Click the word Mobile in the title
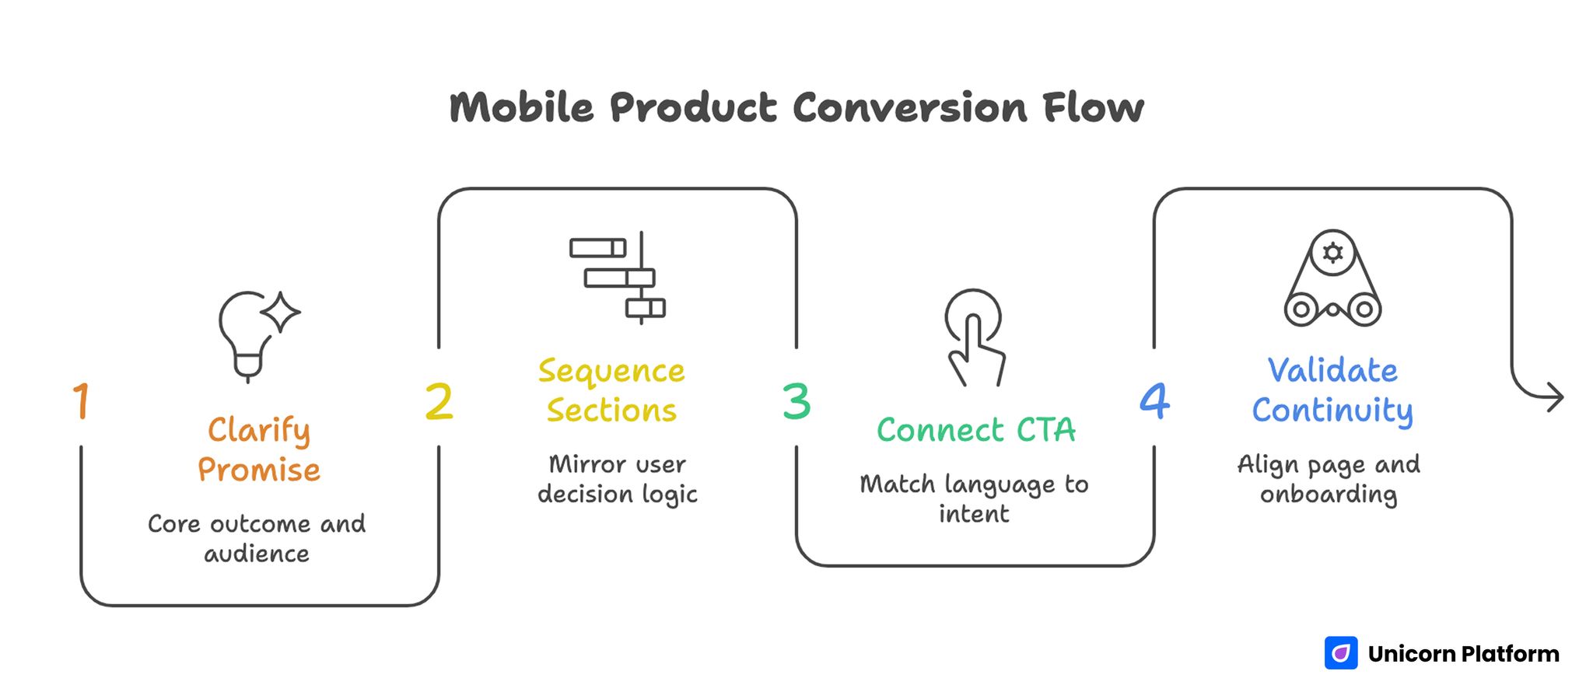521,107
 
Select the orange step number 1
81,401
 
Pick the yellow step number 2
439,402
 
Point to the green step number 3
796,402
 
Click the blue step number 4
1154,401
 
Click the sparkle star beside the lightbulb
281,313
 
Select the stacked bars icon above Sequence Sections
618,278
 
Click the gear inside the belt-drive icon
1332,253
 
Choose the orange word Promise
259,470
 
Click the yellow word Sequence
611,372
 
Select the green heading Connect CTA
975,430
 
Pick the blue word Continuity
1332,411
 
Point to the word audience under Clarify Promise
257,554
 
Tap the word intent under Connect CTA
974,514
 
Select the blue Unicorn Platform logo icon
1341,653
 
